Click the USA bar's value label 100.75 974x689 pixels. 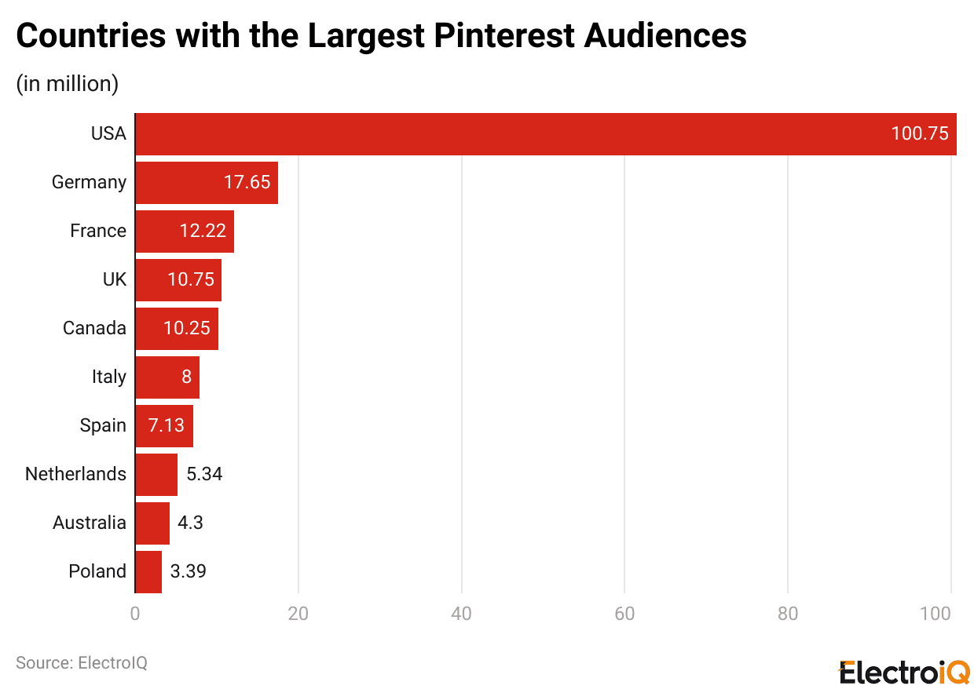(x=919, y=133)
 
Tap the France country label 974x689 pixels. (x=97, y=231)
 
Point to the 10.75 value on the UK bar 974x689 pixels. (x=190, y=279)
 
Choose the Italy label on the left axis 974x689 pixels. (x=108, y=377)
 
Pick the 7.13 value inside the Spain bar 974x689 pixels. (x=166, y=425)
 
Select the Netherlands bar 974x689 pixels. (x=156, y=474)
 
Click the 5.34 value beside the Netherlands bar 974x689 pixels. (x=204, y=474)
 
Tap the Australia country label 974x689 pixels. (x=89, y=523)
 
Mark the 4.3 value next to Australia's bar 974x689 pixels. (x=190, y=523)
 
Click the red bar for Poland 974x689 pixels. (x=148, y=571)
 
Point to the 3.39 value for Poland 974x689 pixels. (x=189, y=571)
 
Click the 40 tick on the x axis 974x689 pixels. (x=461, y=614)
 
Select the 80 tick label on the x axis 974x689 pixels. (x=787, y=614)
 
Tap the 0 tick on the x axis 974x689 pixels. (x=135, y=614)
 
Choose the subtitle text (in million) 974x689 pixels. (x=67, y=83)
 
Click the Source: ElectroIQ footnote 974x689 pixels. (x=82, y=663)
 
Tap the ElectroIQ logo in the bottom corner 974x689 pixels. (x=904, y=672)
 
